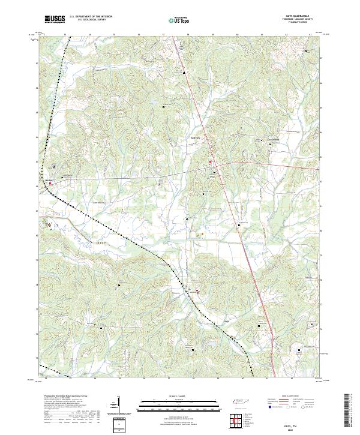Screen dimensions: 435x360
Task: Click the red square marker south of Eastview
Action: [210, 162]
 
